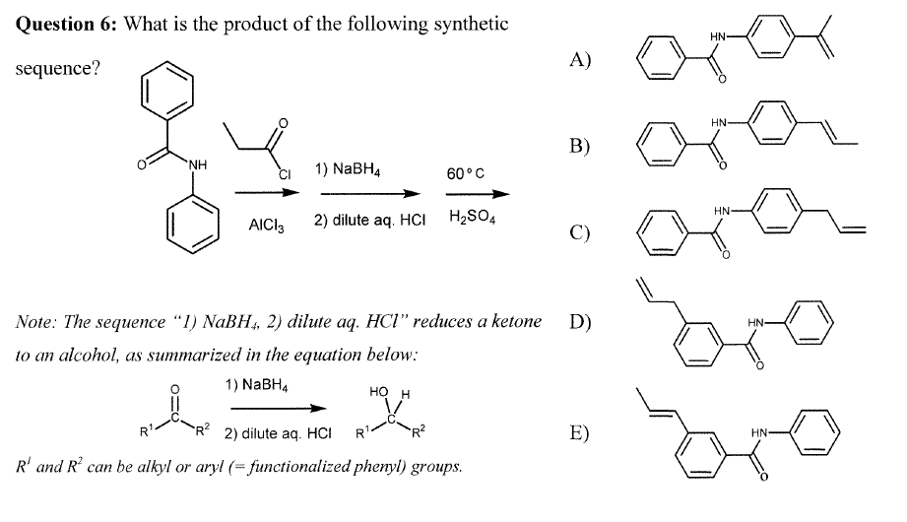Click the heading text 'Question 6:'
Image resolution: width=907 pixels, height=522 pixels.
point(64,25)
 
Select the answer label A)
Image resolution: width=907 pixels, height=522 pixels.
point(581,59)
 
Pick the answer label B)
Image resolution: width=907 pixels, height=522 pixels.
point(581,146)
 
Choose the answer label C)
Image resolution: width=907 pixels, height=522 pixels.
point(581,232)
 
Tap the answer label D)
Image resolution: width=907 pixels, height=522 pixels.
point(581,321)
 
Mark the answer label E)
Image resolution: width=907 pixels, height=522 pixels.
point(581,433)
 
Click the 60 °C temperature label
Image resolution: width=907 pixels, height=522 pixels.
point(465,174)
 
